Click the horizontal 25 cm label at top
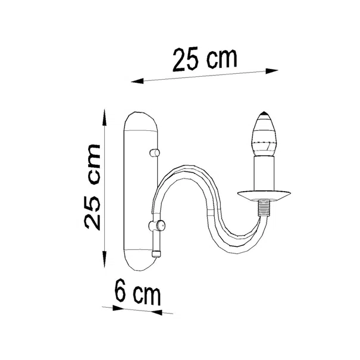[x=205, y=59]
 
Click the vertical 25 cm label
[x=92, y=187]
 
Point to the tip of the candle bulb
[x=264, y=112]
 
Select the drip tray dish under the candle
[x=264, y=195]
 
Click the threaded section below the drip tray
[x=264, y=208]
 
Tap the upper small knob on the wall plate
[x=155, y=153]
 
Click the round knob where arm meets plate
[x=157, y=226]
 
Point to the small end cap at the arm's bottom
[x=156, y=253]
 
